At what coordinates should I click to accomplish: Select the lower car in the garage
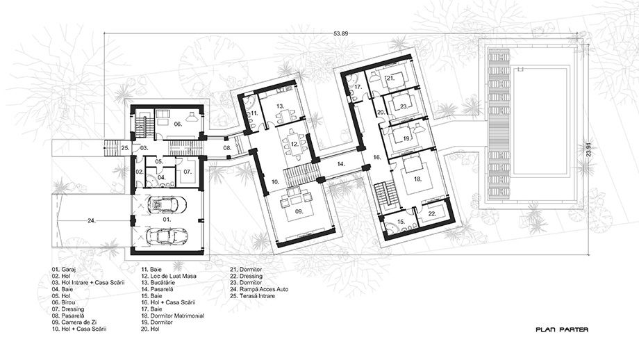(166, 235)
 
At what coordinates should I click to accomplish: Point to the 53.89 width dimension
(341, 34)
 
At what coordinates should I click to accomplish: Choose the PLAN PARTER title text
(562, 329)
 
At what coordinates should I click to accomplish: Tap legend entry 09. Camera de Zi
(74, 322)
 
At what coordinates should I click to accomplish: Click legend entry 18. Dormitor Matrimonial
(172, 316)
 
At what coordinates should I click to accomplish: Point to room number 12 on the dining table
(295, 144)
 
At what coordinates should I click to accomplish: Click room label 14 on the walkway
(341, 164)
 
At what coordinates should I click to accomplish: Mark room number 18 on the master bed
(417, 179)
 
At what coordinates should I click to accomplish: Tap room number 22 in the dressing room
(433, 213)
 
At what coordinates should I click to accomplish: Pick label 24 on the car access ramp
(92, 220)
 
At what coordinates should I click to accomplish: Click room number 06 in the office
(178, 124)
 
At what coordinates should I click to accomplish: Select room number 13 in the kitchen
(280, 106)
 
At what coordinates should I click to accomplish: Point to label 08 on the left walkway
(227, 147)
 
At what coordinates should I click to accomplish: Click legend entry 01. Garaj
(64, 270)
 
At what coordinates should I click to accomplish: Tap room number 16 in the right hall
(376, 157)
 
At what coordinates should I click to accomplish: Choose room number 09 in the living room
(299, 211)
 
